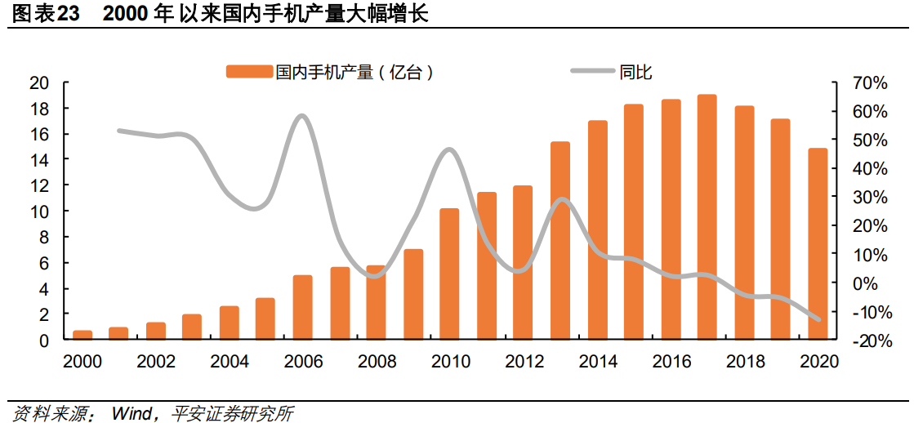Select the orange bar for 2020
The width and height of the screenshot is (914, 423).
click(x=817, y=243)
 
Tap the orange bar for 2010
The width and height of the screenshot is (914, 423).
click(x=449, y=274)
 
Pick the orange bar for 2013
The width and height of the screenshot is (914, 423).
click(x=560, y=240)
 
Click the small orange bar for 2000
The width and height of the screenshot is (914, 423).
click(x=82, y=334)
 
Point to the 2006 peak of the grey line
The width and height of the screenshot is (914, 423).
click(x=302, y=116)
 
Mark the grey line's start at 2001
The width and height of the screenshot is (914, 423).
click(x=119, y=131)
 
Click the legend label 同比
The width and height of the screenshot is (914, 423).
click(x=635, y=72)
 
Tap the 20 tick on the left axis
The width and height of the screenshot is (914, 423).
click(x=38, y=82)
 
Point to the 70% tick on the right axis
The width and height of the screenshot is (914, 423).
click(x=869, y=83)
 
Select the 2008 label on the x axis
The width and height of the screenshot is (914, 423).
click(x=376, y=362)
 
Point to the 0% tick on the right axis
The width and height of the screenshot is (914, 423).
click(x=874, y=283)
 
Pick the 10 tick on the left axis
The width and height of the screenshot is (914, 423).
click(x=38, y=211)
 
